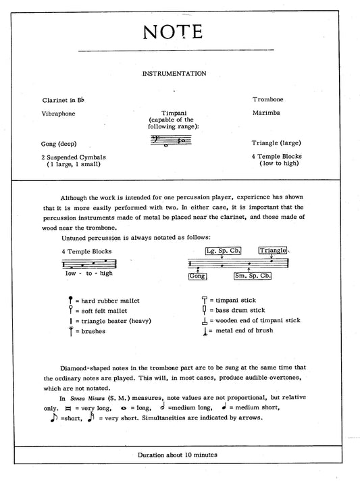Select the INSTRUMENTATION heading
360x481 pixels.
point(179,73)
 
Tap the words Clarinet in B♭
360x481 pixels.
point(64,99)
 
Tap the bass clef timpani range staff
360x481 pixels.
point(172,141)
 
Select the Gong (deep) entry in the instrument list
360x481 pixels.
point(59,143)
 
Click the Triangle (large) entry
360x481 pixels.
point(276,143)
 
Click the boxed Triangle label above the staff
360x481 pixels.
point(272,251)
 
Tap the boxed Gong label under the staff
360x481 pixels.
point(197,276)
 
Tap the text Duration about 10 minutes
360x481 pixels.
point(179,455)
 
